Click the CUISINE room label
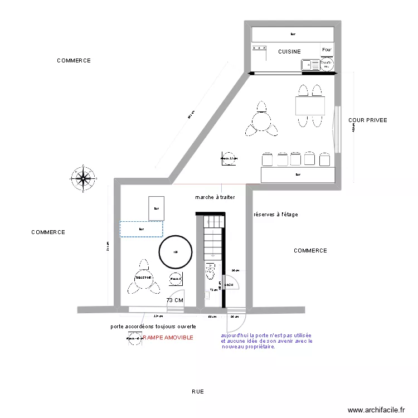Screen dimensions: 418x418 289,52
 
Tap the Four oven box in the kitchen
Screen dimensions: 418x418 327,50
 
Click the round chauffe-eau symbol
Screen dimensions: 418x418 326,65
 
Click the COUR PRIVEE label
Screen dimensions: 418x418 367,120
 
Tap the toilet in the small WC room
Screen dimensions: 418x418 210,273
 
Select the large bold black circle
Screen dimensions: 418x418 175,252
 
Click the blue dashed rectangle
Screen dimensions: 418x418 141,229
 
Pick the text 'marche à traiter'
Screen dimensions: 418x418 215,197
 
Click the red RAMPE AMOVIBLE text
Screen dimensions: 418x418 168,338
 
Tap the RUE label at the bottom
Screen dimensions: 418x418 198,392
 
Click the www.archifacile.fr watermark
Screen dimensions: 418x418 376,410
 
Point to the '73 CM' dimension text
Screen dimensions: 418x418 175,300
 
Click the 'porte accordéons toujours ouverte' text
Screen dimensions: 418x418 153,326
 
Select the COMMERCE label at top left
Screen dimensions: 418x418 74,61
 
